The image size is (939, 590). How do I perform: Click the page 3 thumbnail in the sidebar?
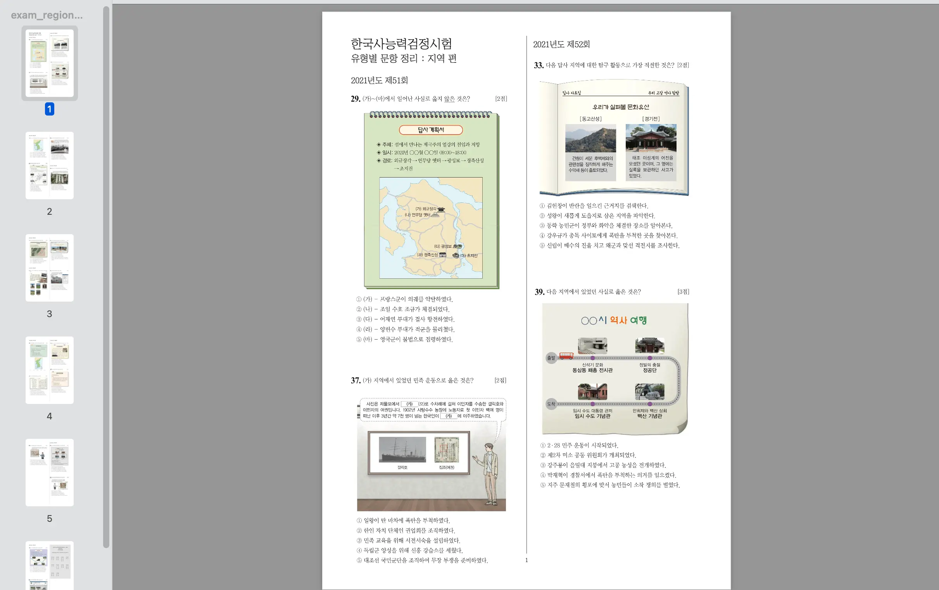point(50,267)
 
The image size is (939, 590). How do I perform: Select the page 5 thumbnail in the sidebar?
point(50,472)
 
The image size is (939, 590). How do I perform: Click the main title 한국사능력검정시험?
point(401,44)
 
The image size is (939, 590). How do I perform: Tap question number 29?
point(355,99)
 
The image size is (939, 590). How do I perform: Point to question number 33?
point(539,66)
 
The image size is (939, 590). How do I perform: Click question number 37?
point(355,381)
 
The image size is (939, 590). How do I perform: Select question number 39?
point(539,292)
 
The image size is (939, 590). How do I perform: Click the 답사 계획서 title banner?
point(431,130)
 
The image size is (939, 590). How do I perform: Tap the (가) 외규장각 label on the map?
point(426,209)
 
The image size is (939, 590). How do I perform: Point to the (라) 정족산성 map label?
point(427,255)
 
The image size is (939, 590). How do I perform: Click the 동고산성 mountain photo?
point(590,138)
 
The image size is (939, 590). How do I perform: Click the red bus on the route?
point(566,355)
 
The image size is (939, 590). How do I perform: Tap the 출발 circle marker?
point(551,358)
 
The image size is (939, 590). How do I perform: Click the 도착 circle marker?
point(551,404)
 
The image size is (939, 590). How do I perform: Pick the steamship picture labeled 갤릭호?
point(402,450)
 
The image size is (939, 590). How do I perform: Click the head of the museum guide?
point(489,448)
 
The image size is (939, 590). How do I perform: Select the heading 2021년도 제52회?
point(561,45)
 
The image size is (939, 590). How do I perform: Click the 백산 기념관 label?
point(650,416)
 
